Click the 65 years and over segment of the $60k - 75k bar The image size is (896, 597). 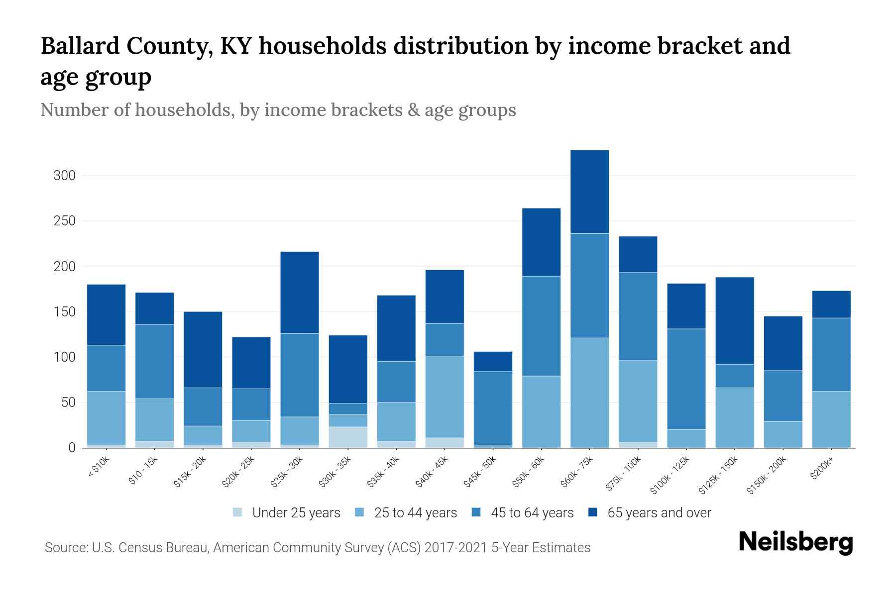coord(589,192)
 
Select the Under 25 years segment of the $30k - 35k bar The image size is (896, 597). coord(348,437)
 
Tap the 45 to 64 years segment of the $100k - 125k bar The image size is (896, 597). coord(686,379)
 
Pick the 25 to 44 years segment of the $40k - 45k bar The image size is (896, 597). coord(445,397)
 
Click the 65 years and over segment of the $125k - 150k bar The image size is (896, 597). coord(734,320)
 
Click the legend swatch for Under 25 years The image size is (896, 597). coord(238,512)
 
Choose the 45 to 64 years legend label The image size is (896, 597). coord(532,513)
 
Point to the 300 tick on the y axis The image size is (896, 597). coord(65,176)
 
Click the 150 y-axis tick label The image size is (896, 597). coord(65,312)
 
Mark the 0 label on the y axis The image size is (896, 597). coord(72,448)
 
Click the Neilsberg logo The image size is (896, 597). coord(795,542)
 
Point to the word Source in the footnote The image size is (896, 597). coord(65,548)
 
